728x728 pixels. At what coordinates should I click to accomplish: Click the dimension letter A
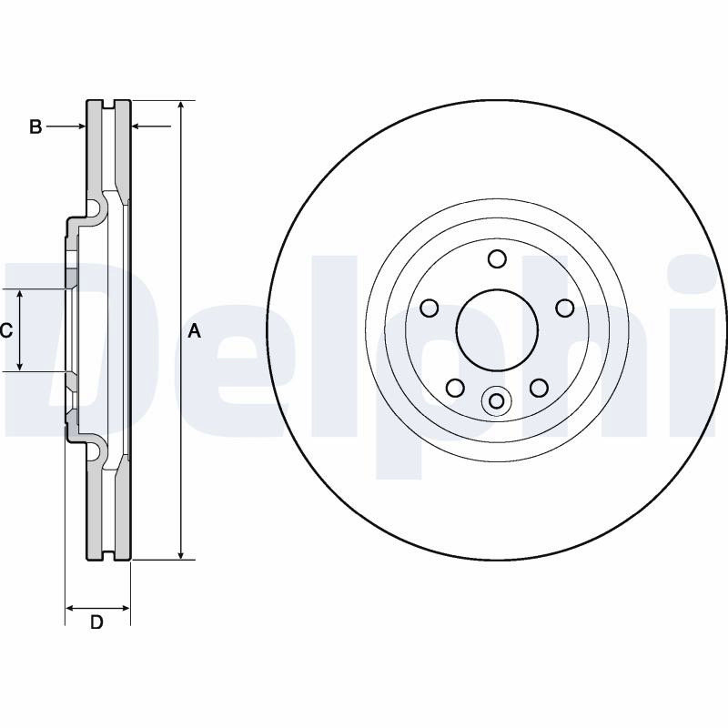pyautogui.click(x=195, y=331)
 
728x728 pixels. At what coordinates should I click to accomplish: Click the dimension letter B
pyautogui.click(x=35, y=126)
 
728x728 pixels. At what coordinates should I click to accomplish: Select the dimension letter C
pyautogui.click(x=6, y=331)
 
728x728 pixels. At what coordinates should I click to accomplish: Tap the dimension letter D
pyautogui.click(x=96, y=622)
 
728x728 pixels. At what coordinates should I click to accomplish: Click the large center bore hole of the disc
pyautogui.click(x=497, y=330)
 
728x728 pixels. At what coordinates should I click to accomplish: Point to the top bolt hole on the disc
pyautogui.click(x=497, y=258)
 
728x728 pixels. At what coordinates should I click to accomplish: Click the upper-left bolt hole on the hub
pyautogui.click(x=429, y=308)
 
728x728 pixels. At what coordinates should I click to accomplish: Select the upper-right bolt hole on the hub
pyautogui.click(x=565, y=308)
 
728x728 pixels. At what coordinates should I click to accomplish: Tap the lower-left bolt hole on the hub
pyautogui.click(x=455, y=388)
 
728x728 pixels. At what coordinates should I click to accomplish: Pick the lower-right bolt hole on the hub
pyautogui.click(x=539, y=388)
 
